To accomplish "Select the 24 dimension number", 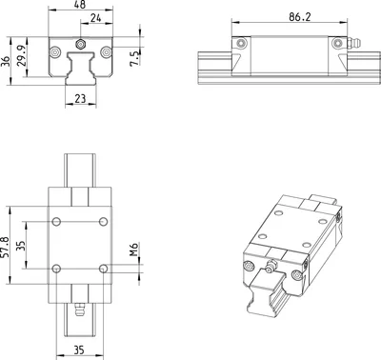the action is [95, 18].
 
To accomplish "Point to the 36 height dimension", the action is [5, 61].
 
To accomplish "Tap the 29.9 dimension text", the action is [21, 55].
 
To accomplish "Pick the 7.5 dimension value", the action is [134, 58].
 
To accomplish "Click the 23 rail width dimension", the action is [80, 99].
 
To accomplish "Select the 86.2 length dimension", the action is [300, 17].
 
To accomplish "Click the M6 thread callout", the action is [133, 250].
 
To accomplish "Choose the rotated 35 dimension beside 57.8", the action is [21, 246].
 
